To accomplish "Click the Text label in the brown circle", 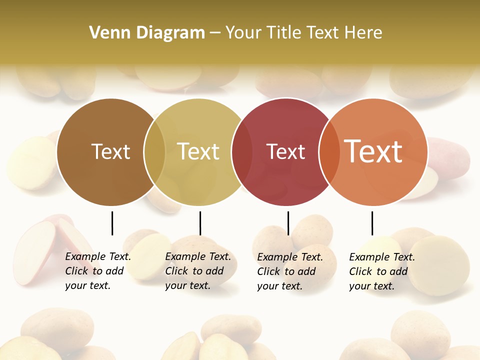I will click(110, 151).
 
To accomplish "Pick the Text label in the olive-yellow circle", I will click(198, 151).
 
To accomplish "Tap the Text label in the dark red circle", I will click(285, 151).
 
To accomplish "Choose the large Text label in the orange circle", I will click(373, 151).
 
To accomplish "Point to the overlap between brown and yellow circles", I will click(154, 152).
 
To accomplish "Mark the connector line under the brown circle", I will click(112, 223).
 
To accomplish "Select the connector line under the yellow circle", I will click(200, 223).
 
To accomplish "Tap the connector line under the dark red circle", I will click(288, 223).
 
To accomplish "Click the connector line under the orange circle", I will click(372, 223).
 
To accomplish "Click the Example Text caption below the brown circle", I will click(97, 271).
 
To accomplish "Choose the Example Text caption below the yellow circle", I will click(197, 271).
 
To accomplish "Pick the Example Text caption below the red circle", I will click(289, 271).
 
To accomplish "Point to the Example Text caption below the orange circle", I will click(381, 271).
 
